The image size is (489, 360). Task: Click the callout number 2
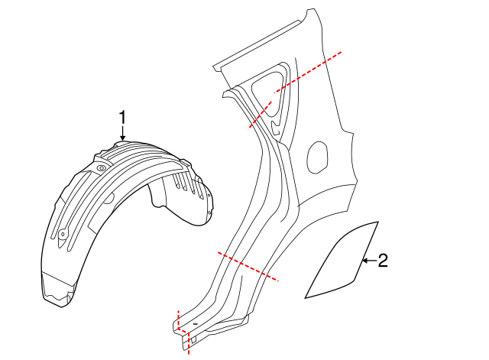pos(383,261)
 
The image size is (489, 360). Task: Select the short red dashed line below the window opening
pos(259,115)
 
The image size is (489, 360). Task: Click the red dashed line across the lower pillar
pos(248,266)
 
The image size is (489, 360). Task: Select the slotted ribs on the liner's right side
pos(180,183)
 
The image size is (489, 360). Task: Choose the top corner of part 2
pos(377,222)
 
